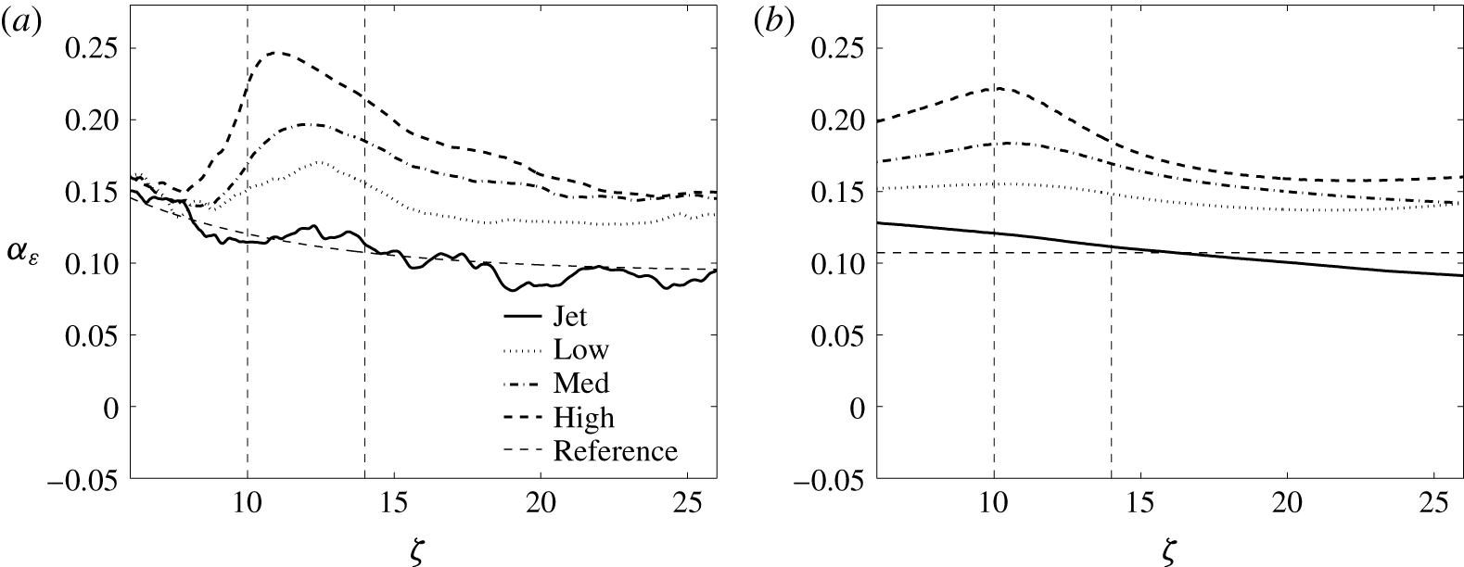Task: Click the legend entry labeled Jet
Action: click(x=569, y=317)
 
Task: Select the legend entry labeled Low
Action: click(x=580, y=350)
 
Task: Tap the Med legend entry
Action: click(x=581, y=383)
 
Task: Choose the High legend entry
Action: click(x=583, y=417)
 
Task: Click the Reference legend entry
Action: click(x=615, y=451)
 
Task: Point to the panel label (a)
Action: click(x=22, y=23)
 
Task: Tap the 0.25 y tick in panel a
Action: click(x=92, y=49)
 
